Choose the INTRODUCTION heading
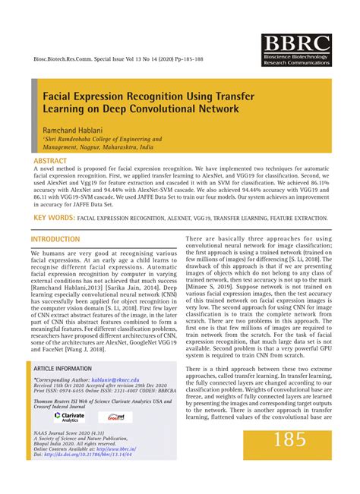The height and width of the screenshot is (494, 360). pyautogui.click(x=55, y=239)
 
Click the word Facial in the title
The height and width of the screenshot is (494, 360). pyautogui.click(x=59, y=98)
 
